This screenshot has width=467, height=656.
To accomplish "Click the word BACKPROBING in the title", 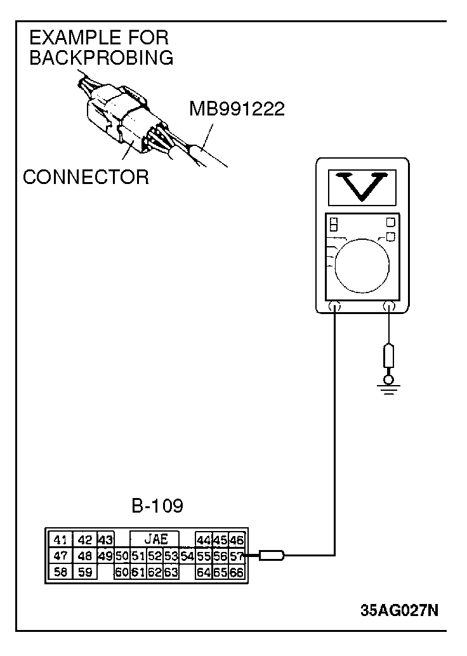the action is point(102,58).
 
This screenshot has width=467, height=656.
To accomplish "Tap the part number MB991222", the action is point(237,109).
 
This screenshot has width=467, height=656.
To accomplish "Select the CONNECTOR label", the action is point(86,177).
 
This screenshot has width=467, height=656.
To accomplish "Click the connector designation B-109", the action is point(157,506).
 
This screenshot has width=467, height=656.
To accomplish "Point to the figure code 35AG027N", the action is point(399,610).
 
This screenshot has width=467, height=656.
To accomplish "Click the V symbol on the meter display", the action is point(362,187).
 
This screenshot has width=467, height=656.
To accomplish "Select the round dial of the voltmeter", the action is point(362,265).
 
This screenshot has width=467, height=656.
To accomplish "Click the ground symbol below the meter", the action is point(389,388).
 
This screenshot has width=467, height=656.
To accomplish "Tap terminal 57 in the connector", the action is point(237,556).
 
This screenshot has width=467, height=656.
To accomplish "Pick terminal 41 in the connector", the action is point(61,540).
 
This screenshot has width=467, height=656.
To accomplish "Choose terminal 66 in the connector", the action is point(237,572).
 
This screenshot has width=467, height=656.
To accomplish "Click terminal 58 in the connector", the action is point(61,572).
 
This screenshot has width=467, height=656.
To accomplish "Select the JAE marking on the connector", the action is point(155,539).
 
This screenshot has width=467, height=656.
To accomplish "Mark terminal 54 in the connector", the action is point(187,556).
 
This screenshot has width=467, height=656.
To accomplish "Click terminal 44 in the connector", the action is point(204,540).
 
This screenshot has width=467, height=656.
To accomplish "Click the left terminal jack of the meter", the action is point(335,306).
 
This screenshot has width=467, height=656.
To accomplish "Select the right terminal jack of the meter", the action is point(389,306).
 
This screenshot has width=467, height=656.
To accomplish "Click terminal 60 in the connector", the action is point(122,572).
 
